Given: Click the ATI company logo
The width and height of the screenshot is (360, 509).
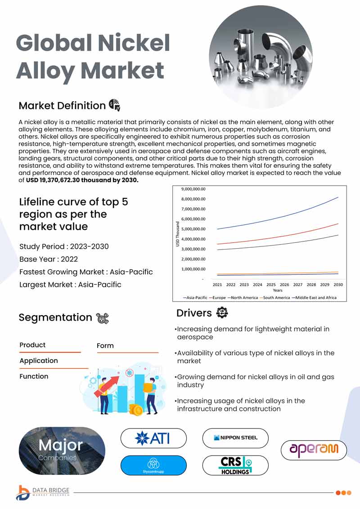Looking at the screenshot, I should coord(153,438).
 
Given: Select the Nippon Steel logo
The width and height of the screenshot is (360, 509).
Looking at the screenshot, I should coord(235,438).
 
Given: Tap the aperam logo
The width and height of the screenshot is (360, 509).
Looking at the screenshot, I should coord(314,449).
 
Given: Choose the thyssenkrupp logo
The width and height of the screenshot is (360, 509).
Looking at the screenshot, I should coord(153,465).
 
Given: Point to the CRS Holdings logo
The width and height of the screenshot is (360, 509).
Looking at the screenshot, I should coord(235,465).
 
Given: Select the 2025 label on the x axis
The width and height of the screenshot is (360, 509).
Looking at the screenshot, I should coord(271,285).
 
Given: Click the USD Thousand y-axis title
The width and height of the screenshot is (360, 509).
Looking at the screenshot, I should coord(178,234).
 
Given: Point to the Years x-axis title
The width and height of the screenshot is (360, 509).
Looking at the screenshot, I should coord(278,290).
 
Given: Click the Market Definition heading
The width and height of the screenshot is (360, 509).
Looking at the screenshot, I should coord(62,106).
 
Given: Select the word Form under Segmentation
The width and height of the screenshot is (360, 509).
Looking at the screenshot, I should coord(105,346).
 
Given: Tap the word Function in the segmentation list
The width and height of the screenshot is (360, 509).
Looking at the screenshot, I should coord(34,376).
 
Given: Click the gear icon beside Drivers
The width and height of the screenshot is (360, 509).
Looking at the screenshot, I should coord(222,313).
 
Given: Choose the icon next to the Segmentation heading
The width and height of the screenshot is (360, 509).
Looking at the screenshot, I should coord(103,318).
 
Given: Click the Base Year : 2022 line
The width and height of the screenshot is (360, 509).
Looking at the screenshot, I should coord(49,259).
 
